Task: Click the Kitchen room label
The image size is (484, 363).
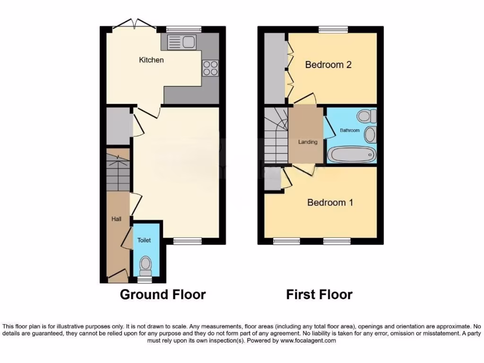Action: click(x=151, y=60)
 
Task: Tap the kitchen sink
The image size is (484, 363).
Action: click(x=181, y=42)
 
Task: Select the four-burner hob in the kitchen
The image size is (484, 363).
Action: click(x=210, y=68)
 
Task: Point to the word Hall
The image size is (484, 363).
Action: click(x=116, y=219)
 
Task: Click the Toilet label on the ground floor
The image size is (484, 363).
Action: click(x=144, y=240)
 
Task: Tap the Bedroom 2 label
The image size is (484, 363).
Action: click(x=328, y=65)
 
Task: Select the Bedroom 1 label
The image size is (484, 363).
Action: click(x=330, y=203)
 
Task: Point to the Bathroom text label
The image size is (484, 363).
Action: click(x=350, y=130)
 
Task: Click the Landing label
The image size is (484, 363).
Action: click(x=307, y=142)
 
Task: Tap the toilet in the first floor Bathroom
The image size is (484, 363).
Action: click(x=367, y=116)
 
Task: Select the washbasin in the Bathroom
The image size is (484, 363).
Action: click(x=370, y=135)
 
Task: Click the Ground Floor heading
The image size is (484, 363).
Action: click(x=163, y=294)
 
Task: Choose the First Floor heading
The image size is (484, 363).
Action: click(x=319, y=295)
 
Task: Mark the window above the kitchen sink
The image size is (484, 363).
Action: click(x=183, y=29)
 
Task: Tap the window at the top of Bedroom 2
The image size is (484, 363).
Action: click(x=333, y=29)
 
